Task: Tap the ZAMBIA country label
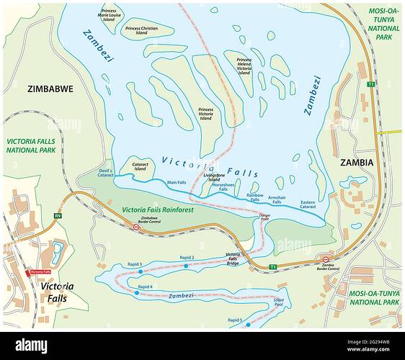(357, 163)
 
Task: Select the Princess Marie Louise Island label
(110, 14)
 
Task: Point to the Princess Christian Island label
(141, 31)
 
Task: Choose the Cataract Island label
(140, 166)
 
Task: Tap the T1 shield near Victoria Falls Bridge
(272, 267)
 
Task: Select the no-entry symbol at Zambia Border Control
(326, 260)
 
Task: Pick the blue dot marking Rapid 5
(248, 325)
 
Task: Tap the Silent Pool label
(278, 303)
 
